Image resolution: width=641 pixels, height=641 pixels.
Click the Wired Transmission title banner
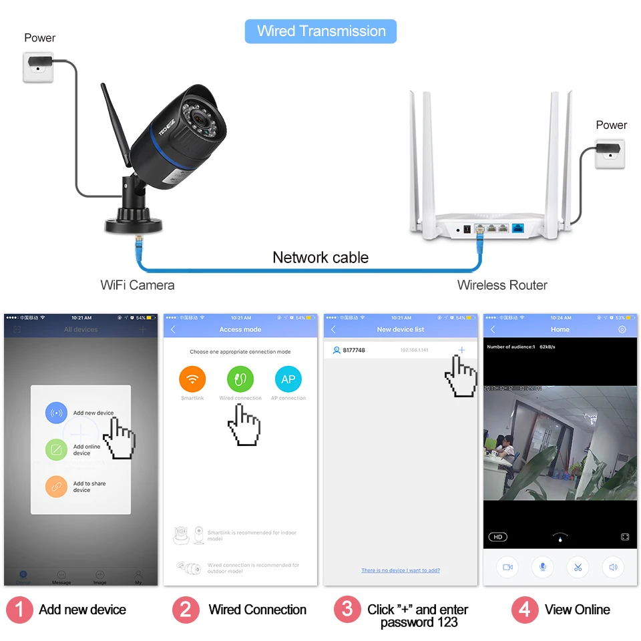[x=320, y=31]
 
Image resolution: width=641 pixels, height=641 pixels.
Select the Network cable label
[x=320, y=258]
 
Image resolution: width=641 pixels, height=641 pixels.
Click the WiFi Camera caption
[x=137, y=285]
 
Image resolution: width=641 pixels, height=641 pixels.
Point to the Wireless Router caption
[x=502, y=285]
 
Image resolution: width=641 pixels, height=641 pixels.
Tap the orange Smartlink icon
[x=192, y=379]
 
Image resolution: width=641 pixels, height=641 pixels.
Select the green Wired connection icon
[x=240, y=379]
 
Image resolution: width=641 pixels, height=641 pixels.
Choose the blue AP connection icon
[x=288, y=379]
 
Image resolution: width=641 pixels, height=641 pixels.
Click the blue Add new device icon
[x=56, y=413]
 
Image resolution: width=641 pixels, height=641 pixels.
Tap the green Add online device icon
[x=56, y=449]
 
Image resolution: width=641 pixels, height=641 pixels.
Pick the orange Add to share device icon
[x=56, y=487]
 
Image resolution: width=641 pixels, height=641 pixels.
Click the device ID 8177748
[x=354, y=350]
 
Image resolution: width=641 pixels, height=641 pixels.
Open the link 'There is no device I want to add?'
[x=401, y=570]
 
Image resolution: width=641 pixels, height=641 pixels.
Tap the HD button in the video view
[x=497, y=537]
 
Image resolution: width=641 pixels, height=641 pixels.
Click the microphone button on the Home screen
[x=542, y=567]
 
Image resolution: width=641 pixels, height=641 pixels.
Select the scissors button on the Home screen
[x=578, y=567]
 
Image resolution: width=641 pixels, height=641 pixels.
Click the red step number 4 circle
[x=524, y=610]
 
